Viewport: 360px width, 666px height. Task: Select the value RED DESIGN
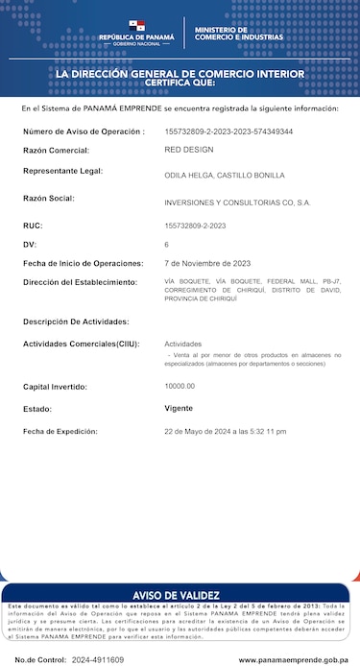pyautogui.click(x=189, y=150)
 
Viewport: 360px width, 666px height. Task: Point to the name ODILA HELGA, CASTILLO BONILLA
pyautogui.click(x=225, y=176)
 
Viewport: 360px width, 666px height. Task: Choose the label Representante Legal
pyautogui.click(x=76, y=171)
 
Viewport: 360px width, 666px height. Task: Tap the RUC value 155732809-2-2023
pyautogui.click(x=195, y=226)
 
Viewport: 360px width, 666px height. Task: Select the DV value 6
pyautogui.click(x=167, y=245)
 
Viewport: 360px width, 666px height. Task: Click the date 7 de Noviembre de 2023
pyautogui.click(x=207, y=263)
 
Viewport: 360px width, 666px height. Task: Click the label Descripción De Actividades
pyautogui.click(x=76, y=321)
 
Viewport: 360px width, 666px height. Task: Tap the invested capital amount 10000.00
pyautogui.click(x=180, y=386)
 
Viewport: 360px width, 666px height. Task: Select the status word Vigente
pyautogui.click(x=179, y=408)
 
